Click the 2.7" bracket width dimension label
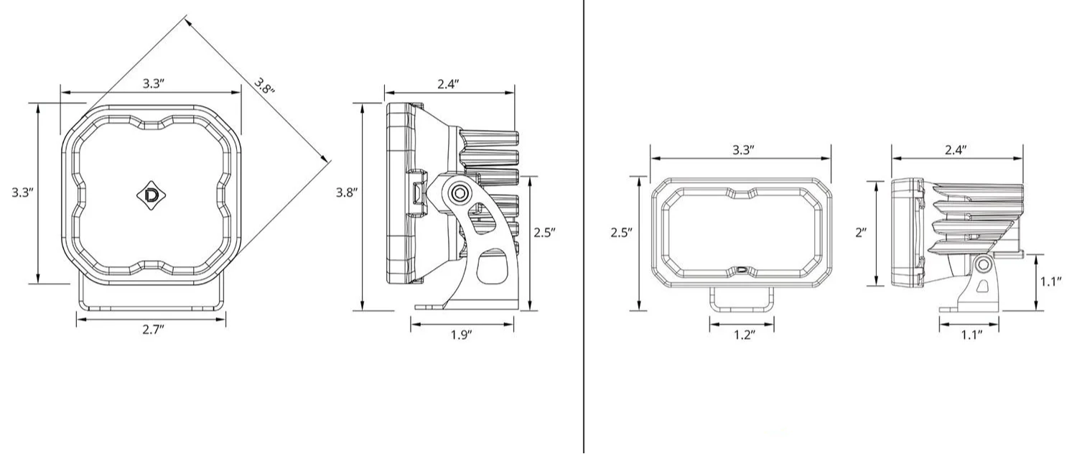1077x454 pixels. click(154, 330)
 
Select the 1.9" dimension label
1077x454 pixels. click(461, 335)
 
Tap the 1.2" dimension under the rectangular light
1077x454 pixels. click(745, 335)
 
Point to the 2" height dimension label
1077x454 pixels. click(861, 232)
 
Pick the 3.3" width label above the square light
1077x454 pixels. click(154, 83)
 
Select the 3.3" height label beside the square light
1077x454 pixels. click(22, 193)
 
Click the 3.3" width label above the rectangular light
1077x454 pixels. click(743, 150)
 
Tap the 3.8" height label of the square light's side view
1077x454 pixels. click(347, 193)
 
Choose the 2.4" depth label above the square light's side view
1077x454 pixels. click(448, 84)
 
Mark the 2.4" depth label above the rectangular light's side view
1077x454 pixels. click(956, 150)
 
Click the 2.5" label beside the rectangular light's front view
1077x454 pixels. click(622, 233)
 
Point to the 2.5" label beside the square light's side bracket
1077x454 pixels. click(545, 232)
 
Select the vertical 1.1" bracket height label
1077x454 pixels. click(1051, 282)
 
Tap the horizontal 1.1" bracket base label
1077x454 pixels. click(971, 335)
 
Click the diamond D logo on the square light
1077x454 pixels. click(151, 195)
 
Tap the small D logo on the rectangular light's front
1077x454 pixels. click(742, 269)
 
